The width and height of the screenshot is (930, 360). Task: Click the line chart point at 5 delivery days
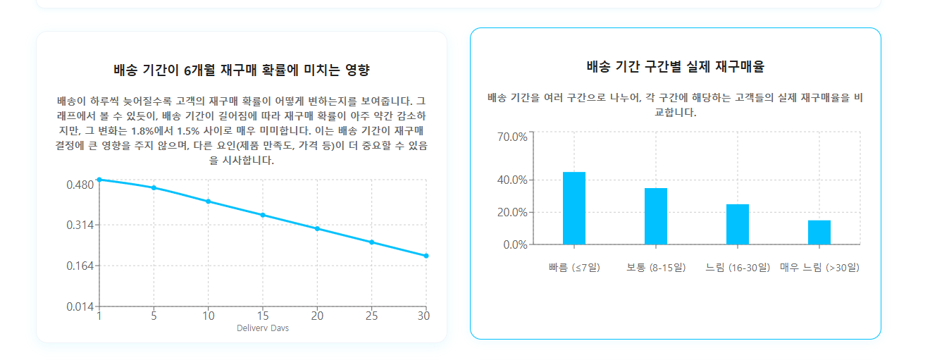point(154,188)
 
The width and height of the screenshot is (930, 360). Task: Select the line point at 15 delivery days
point(263,215)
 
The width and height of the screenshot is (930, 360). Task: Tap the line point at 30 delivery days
point(426,256)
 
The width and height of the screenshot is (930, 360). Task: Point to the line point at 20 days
point(317,228)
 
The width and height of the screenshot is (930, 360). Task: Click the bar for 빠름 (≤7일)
point(574,209)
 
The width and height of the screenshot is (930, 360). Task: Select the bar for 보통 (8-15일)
point(656,216)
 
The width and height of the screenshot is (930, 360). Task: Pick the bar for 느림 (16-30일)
point(738,225)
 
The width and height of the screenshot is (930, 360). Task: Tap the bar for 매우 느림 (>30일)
point(819,232)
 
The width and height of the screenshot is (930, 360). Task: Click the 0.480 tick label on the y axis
point(80,185)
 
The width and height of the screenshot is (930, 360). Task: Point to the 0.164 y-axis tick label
point(80,266)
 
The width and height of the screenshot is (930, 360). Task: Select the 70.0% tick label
point(512,137)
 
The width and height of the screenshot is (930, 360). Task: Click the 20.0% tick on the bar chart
point(512,213)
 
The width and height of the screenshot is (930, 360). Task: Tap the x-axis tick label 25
point(371,316)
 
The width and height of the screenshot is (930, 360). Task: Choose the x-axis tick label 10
point(208,316)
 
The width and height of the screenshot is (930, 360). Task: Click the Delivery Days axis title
point(263,328)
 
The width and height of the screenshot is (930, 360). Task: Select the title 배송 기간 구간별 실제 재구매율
point(675,68)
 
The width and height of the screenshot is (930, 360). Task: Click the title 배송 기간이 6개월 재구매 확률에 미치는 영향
point(241,70)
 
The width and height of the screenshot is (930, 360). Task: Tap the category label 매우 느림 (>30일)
point(819,268)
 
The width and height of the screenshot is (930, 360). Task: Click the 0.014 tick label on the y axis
point(80,306)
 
